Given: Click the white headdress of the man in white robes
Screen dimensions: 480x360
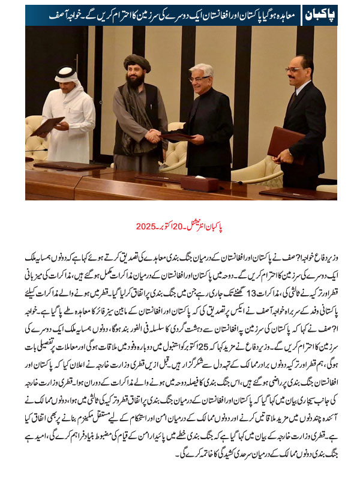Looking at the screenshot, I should point(67,78).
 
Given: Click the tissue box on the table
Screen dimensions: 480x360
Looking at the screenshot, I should point(199,184).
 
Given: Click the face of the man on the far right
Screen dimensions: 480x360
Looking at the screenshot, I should point(295,71).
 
